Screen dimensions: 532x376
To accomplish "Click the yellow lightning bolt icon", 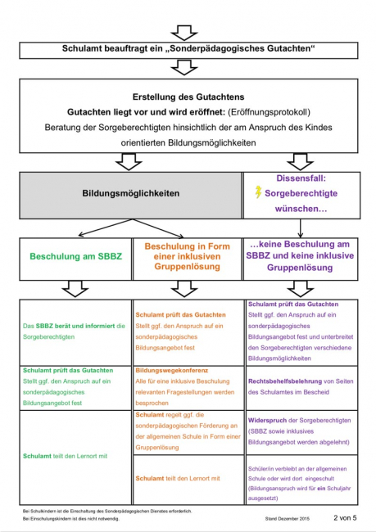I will click(x=259, y=192).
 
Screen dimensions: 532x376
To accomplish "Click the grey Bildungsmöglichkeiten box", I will click(x=130, y=195).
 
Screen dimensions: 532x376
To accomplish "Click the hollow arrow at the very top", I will click(x=187, y=31).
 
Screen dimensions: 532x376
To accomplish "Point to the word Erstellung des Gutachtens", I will click(x=187, y=97).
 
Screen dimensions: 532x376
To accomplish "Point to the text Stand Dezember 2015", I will click(x=288, y=519).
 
